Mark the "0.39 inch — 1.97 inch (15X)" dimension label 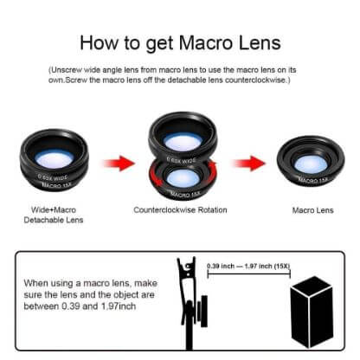tap(247, 266)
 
